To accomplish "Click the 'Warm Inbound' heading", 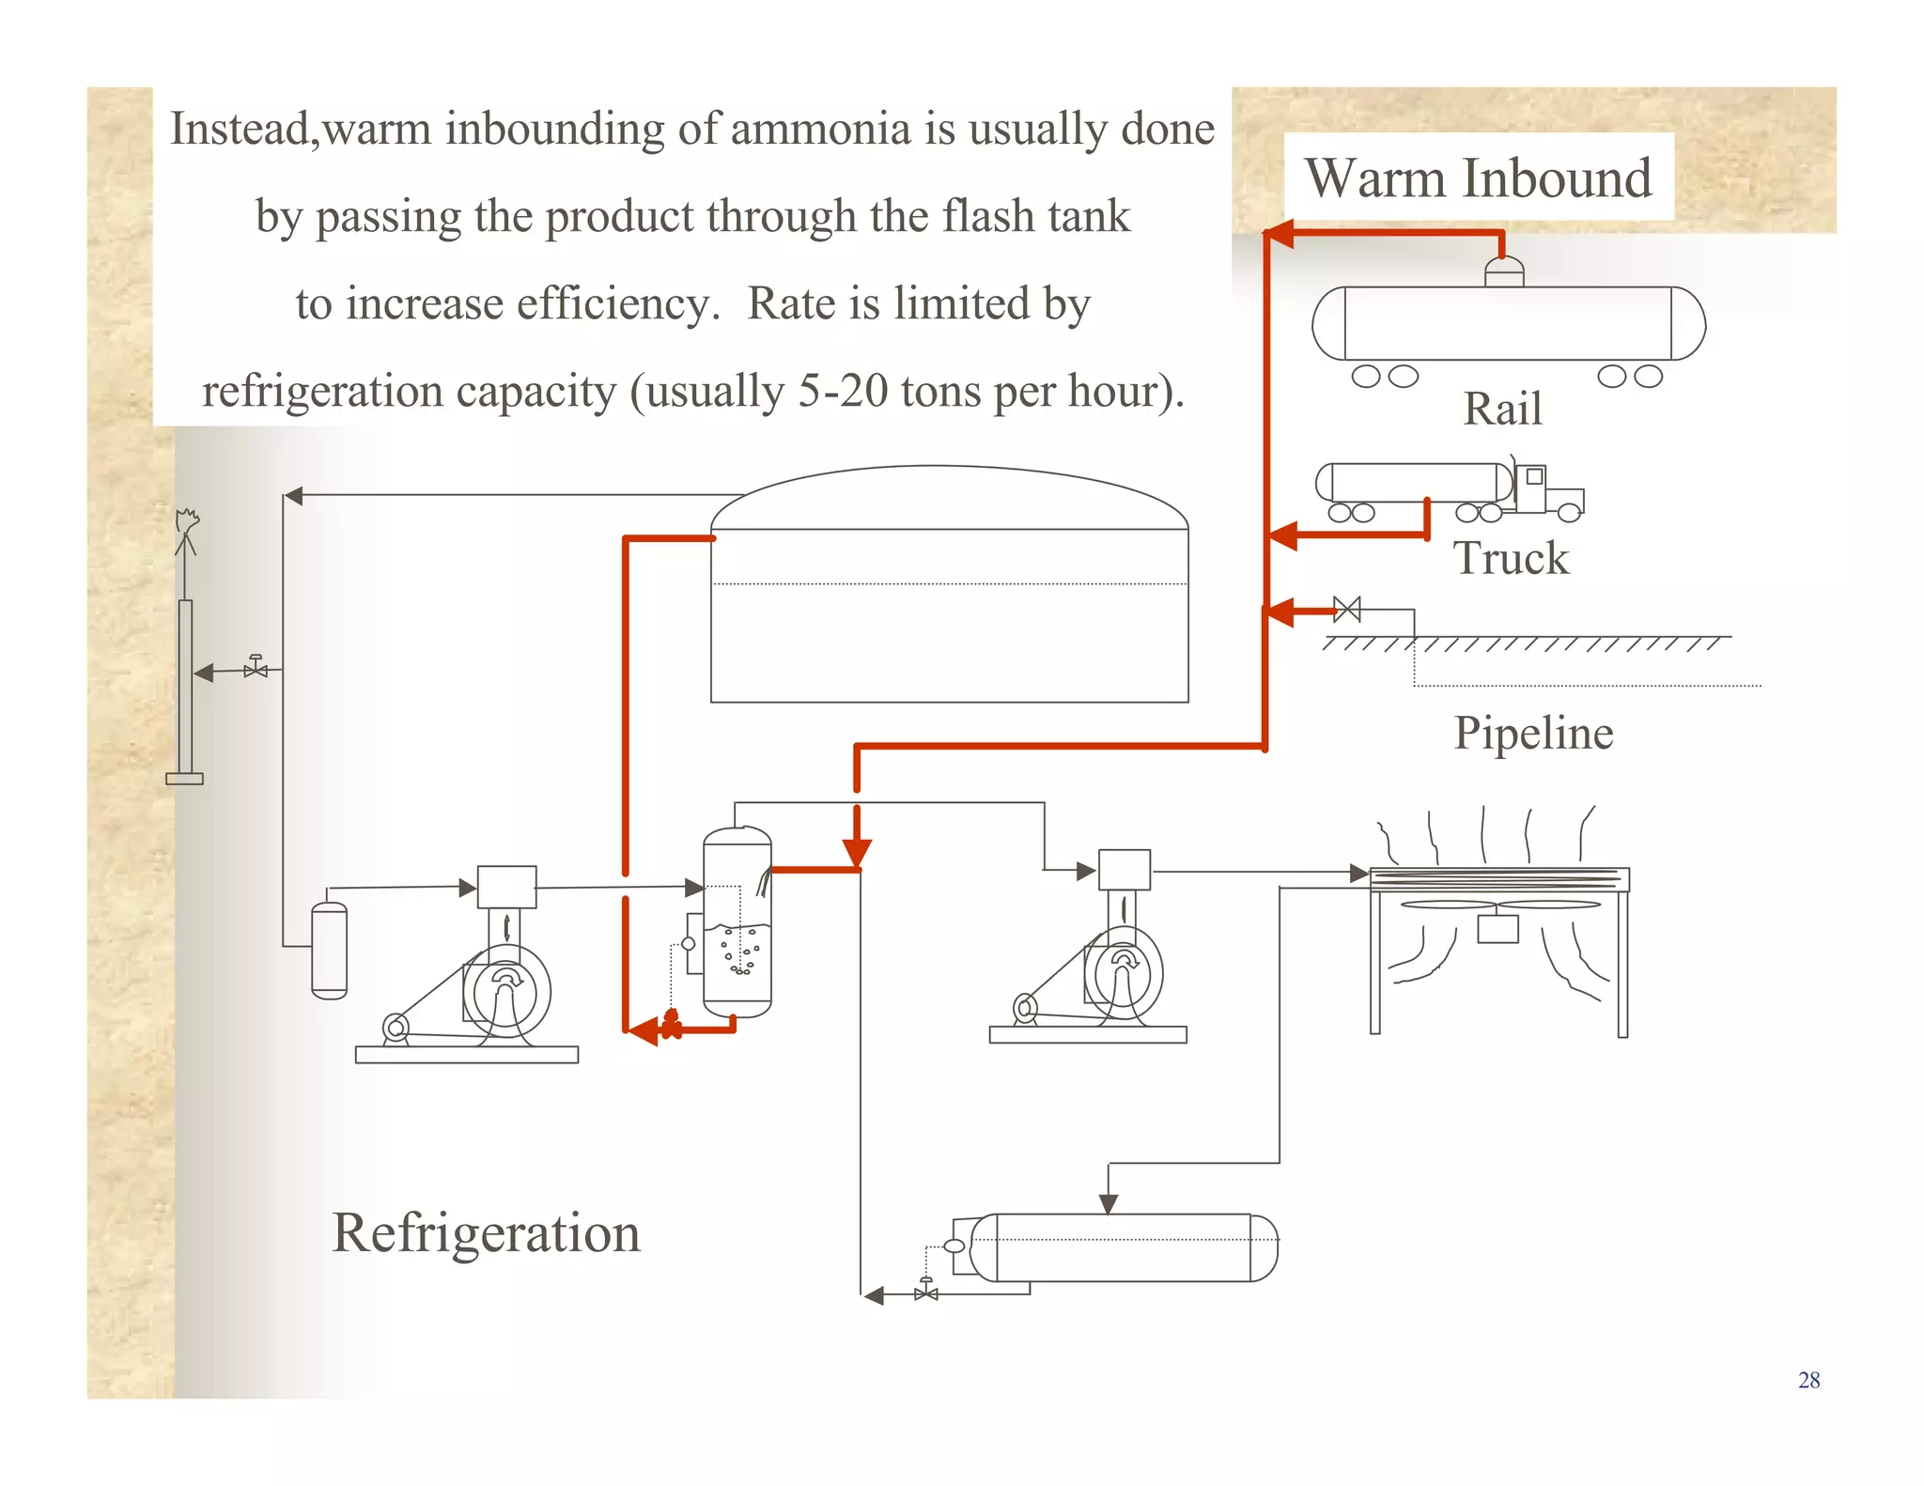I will click(x=1478, y=178).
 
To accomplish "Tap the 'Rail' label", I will click(x=1502, y=409).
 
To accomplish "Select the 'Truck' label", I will click(x=1511, y=558).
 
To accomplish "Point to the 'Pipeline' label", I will click(x=1533, y=733).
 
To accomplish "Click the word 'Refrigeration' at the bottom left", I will click(x=486, y=1232).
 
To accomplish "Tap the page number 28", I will click(x=1808, y=1380).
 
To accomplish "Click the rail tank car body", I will click(x=1508, y=323).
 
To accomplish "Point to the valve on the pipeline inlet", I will click(x=1347, y=610).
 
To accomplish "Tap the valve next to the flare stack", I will click(x=256, y=669).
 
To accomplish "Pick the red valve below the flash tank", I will click(x=671, y=1024).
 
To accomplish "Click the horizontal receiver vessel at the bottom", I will click(x=1123, y=1247).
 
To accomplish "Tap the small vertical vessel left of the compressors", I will click(x=329, y=949).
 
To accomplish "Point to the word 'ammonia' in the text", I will click(x=820, y=129).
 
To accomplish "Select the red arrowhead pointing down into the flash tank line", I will click(x=857, y=852).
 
